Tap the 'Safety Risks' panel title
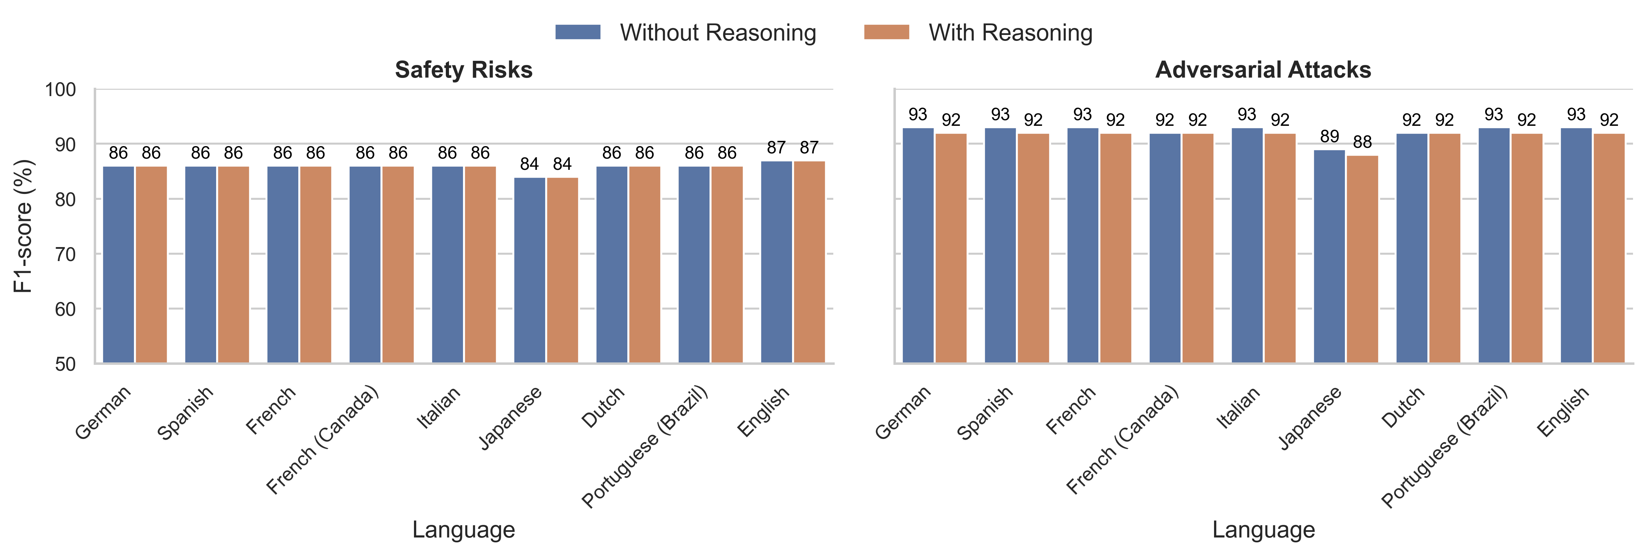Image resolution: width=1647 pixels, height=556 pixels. pos(464,70)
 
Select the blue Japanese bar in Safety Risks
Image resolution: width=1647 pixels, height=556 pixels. pos(529,270)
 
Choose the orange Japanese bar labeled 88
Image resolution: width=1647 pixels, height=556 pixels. pos(1362,259)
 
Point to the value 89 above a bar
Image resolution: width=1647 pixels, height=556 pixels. pos(1329,137)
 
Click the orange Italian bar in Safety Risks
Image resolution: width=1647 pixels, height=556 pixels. pos(480,265)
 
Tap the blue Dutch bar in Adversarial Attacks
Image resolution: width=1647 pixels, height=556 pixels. pos(1412,248)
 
